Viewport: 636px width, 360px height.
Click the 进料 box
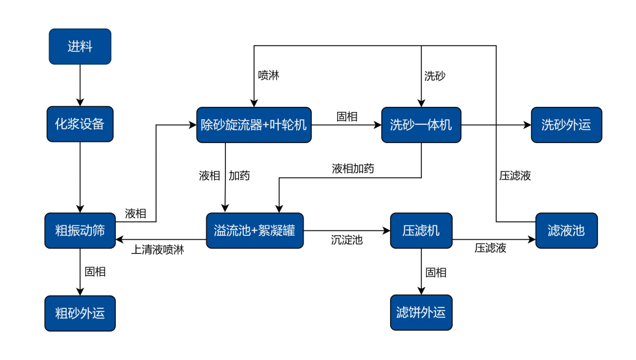click(x=80, y=47)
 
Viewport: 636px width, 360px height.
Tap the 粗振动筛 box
click(x=80, y=231)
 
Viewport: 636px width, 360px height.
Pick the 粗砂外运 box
click(x=80, y=313)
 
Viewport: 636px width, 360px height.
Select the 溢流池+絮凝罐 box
click(x=254, y=231)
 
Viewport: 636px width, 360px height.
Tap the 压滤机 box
click(x=421, y=231)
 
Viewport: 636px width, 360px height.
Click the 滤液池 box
click(x=565, y=231)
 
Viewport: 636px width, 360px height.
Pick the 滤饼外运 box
click(x=421, y=313)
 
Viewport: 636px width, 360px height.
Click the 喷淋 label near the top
click(x=269, y=75)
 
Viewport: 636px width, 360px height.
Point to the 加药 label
click(x=239, y=175)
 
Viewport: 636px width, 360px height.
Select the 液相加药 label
click(x=353, y=169)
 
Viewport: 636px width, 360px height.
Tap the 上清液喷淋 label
click(x=157, y=249)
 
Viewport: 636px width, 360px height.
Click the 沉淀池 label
click(x=347, y=240)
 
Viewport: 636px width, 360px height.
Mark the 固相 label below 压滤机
click(x=435, y=273)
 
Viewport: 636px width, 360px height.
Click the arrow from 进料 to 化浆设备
click(x=80, y=85)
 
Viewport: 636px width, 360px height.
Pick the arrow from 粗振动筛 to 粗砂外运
click(x=80, y=272)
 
